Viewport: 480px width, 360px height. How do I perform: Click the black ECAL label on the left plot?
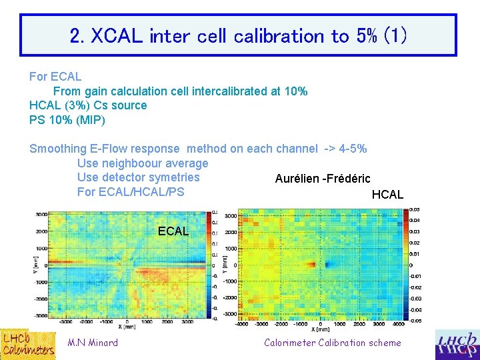pyautogui.click(x=173, y=231)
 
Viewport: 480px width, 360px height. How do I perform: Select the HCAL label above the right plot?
pyautogui.click(x=387, y=195)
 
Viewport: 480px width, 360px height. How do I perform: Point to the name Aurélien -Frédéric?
pyautogui.click(x=323, y=179)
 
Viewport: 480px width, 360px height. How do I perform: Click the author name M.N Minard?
pyautogui.click(x=93, y=343)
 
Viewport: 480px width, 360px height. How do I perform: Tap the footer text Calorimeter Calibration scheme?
pyautogui.click(x=333, y=343)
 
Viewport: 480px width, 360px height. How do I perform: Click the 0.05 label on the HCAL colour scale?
pyautogui.click(x=415, y=209)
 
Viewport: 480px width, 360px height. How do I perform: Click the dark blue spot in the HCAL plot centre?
pyautogui.click(x=327, y=265)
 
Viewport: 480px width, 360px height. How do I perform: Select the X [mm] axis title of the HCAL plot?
pyautogui.click(x=323, y=329)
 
